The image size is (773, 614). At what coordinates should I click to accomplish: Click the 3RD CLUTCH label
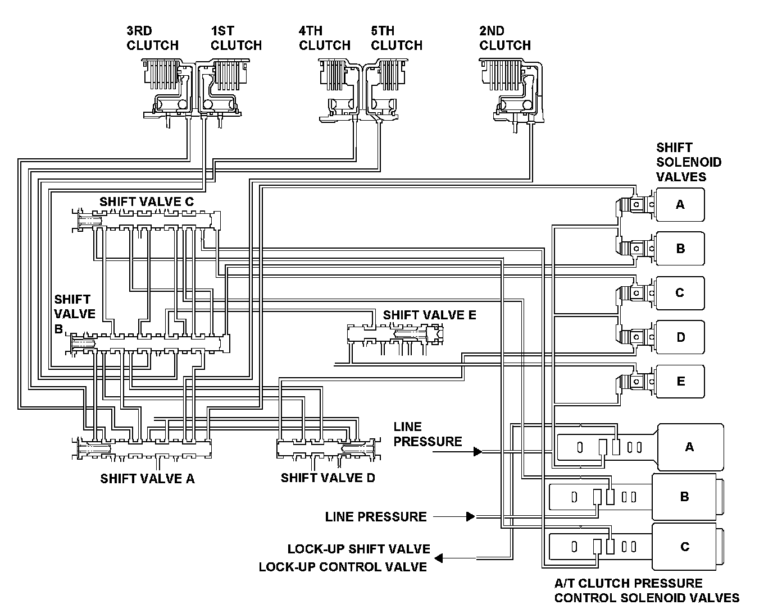click(x=152, y=38)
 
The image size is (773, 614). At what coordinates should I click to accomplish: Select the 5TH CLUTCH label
click(x=397, y=38)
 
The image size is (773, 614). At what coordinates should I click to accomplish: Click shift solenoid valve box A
click(x=680, y=205)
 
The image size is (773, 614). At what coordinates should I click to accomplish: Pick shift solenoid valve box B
click(x=680, y=249)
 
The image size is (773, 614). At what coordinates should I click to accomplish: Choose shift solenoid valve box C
click(x=680, y=293)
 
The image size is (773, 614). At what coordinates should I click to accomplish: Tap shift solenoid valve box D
click(x=680, y=337)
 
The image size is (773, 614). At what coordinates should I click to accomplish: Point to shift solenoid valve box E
click(x=680, y=382)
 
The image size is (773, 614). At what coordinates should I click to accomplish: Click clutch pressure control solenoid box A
click(x=690, y=447)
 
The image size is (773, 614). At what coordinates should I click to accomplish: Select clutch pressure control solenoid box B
click(x=684, y=497)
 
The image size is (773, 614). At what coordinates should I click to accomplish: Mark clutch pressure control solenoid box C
click(x=684, y=547)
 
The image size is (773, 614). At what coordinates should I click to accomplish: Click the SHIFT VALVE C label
click(x=147, y=201)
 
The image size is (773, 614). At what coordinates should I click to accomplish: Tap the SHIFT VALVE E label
click(x=429, y=315)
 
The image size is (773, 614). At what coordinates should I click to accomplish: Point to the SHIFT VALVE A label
click(x=147, y=479)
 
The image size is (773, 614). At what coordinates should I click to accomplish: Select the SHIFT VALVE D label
click(x=328, y=478)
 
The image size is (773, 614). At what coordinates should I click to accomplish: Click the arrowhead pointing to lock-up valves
click(x=439, y=558)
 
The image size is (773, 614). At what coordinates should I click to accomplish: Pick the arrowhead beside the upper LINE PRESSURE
click(x=478, y=451)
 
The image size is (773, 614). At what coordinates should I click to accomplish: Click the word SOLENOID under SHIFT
click(x=689, y=162)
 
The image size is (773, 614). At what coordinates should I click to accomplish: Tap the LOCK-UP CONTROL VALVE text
click(x=343, y=567)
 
